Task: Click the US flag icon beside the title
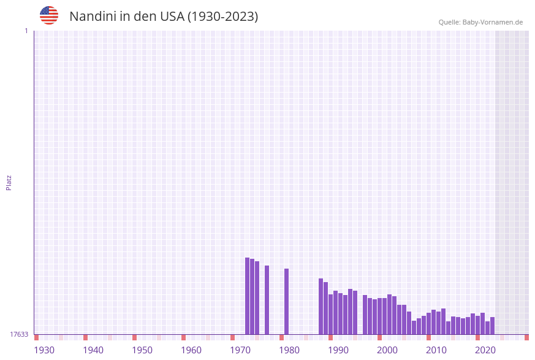[49, 15]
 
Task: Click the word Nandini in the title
[93, 17]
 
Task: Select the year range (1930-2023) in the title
[223, 17]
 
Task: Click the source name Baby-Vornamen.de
[493, 22]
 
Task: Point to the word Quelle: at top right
[449, 22]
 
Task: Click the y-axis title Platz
[9, 183]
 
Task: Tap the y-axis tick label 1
[26, 31]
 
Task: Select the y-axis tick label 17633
[19, 334]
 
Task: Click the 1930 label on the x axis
[44, 350]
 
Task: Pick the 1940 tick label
[93, 350]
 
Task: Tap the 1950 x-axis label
[142, 350]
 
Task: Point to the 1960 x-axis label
[191, 350]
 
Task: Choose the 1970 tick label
[240, 350]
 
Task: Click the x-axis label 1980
[289, 350]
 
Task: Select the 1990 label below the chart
[338, 350]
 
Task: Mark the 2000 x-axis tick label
[387, 350]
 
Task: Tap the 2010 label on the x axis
[436, 350]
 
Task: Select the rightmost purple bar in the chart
[492, 326]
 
